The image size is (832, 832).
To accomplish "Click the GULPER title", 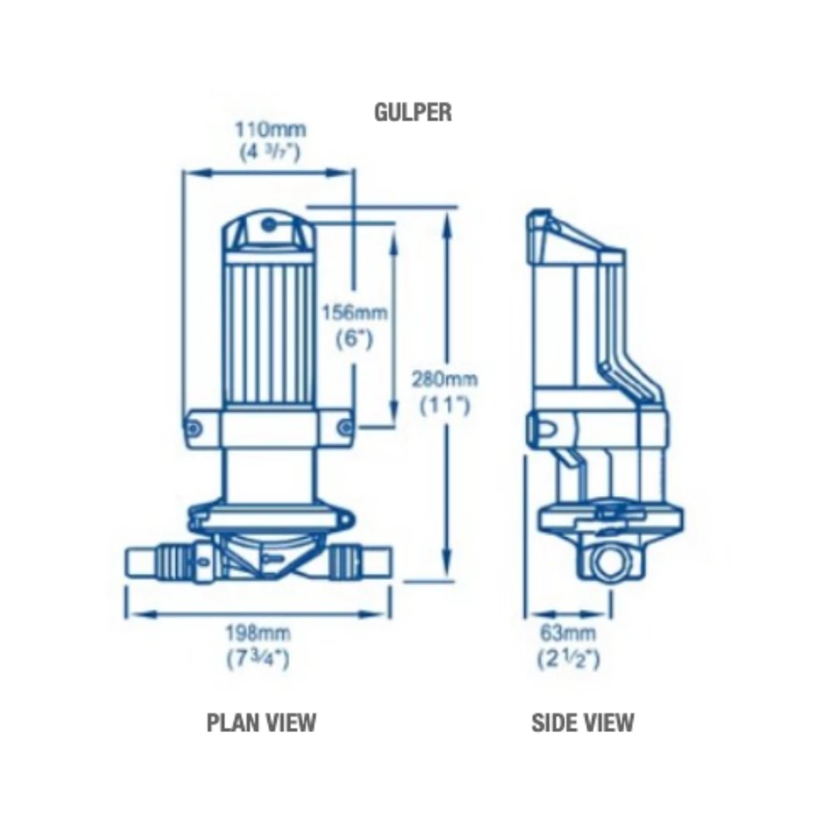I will (413, 112).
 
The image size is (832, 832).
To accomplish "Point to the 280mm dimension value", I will (445, 379).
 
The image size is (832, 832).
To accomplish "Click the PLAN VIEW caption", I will (261, 721).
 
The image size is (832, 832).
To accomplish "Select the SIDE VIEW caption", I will (582, 721).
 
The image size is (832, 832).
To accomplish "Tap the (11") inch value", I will (445, 405).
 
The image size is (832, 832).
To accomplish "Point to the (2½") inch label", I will (569, 660).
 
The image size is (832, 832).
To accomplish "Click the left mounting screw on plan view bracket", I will (194, 428).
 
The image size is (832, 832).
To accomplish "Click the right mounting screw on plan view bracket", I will (344, 428).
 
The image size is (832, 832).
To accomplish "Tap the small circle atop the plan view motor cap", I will (268, 224).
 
